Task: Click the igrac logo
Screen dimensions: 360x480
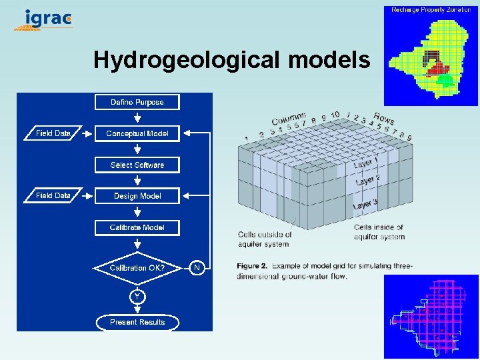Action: (x=44, y=20)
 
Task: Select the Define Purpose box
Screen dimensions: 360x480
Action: (x=137, y=102)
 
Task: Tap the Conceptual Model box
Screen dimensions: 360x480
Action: (x=137, y=133)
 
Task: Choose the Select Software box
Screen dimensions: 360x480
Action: (x=137, y=165)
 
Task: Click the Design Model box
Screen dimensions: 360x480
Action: (x=137, y=196)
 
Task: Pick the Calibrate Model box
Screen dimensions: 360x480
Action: (x=137, y=227)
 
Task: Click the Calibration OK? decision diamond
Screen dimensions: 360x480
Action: (x=137, y=268)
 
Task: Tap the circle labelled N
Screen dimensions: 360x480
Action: (x=197, y=268)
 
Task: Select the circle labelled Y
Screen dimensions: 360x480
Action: (x=137, y=295)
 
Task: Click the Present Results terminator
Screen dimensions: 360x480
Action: (x=137, y=322)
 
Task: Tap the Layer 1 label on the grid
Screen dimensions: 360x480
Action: (x=366, y=163)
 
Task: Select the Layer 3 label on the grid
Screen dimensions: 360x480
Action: (x=366, y=204)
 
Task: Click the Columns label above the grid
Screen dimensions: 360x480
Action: (x=289, y=119)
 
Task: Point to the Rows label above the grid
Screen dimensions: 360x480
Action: (x=384, y=118)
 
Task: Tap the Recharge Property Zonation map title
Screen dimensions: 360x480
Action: (x=431, y=10)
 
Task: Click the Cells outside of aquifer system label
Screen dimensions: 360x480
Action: (x=265, y=239)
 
